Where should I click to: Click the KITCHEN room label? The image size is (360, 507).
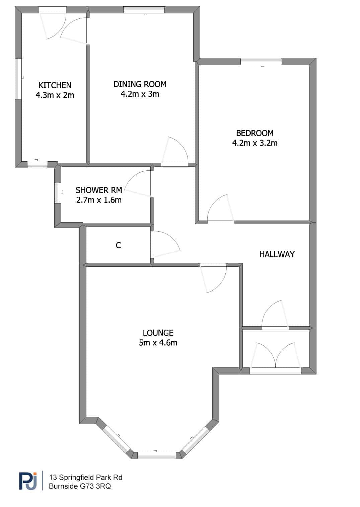(x=55, y=85)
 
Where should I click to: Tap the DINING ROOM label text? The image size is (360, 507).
(x=140, y=84)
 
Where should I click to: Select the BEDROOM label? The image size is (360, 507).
(x=255, y=133)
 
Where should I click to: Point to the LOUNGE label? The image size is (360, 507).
(x=158, y=333)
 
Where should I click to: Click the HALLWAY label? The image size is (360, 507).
(x=277, y=254)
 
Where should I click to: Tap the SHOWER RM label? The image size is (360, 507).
(x=99, y=190)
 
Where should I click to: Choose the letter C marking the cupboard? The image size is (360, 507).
(x=118, y=245)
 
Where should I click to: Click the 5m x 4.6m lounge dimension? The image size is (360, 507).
(x=158, y=343)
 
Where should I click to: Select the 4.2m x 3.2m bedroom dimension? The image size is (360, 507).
(x=255, y=143)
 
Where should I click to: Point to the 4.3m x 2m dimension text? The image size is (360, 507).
(x=55, y=95)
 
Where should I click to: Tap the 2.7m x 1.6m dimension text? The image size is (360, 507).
(x=99, y=200)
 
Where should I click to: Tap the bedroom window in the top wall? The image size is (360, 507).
(x=261, y=62)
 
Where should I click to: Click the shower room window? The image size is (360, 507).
(x=58, y=193)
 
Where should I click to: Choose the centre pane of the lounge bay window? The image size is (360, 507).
(x=156, y=455)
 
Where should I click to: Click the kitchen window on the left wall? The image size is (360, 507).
(x=18, y=79)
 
